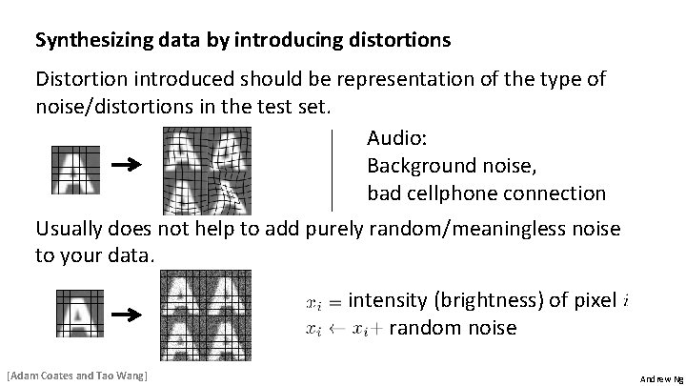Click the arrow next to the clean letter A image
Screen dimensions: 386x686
tap(127, 166)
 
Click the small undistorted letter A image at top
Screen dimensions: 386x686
tap(75, 168)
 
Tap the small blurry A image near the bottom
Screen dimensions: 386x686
tap(75, 313)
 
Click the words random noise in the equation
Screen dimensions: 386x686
tap(453, 329)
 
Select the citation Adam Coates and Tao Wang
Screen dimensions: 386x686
tap(76, 376)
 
